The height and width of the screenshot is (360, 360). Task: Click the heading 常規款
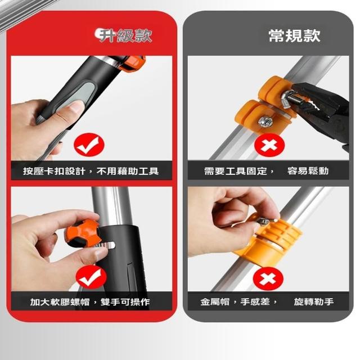(294, 36)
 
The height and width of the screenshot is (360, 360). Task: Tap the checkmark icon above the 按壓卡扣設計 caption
(89, 145)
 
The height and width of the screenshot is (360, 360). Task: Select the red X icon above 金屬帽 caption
(268, 279)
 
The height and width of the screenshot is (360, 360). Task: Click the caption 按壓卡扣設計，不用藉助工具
(91, 171)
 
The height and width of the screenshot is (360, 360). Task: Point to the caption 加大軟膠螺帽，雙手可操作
(90, 302)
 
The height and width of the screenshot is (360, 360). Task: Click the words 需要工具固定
(236, 171)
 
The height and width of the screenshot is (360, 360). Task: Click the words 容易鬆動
(308, 171)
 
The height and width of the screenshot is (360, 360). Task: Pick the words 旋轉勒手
(314, 301)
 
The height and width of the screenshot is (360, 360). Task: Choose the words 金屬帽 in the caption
(215, 301)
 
